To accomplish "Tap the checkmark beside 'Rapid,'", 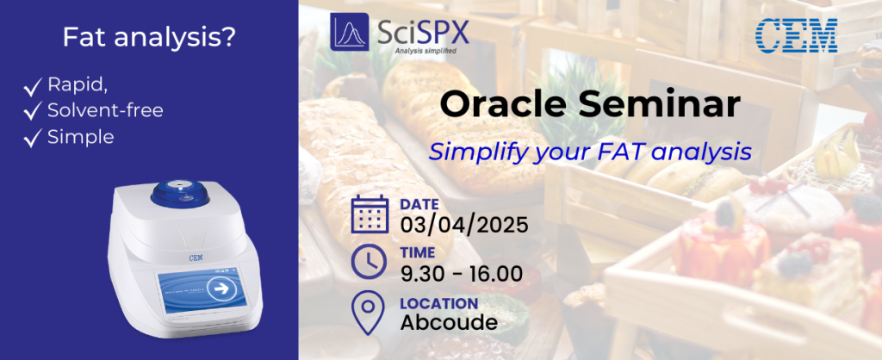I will point(34,87).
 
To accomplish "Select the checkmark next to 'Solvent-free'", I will point(34,112).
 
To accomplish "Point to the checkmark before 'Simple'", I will point(34,138).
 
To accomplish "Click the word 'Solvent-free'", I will point(106,111).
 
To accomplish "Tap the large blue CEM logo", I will point(795,36).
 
